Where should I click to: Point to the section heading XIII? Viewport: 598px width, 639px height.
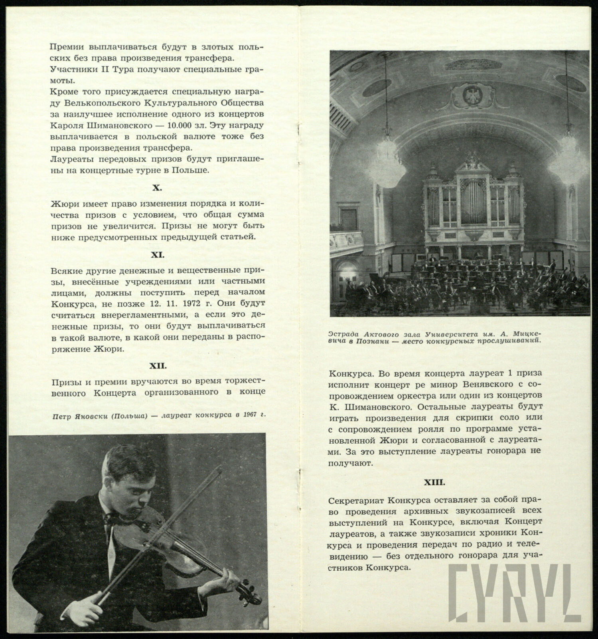tap(434, 482)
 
